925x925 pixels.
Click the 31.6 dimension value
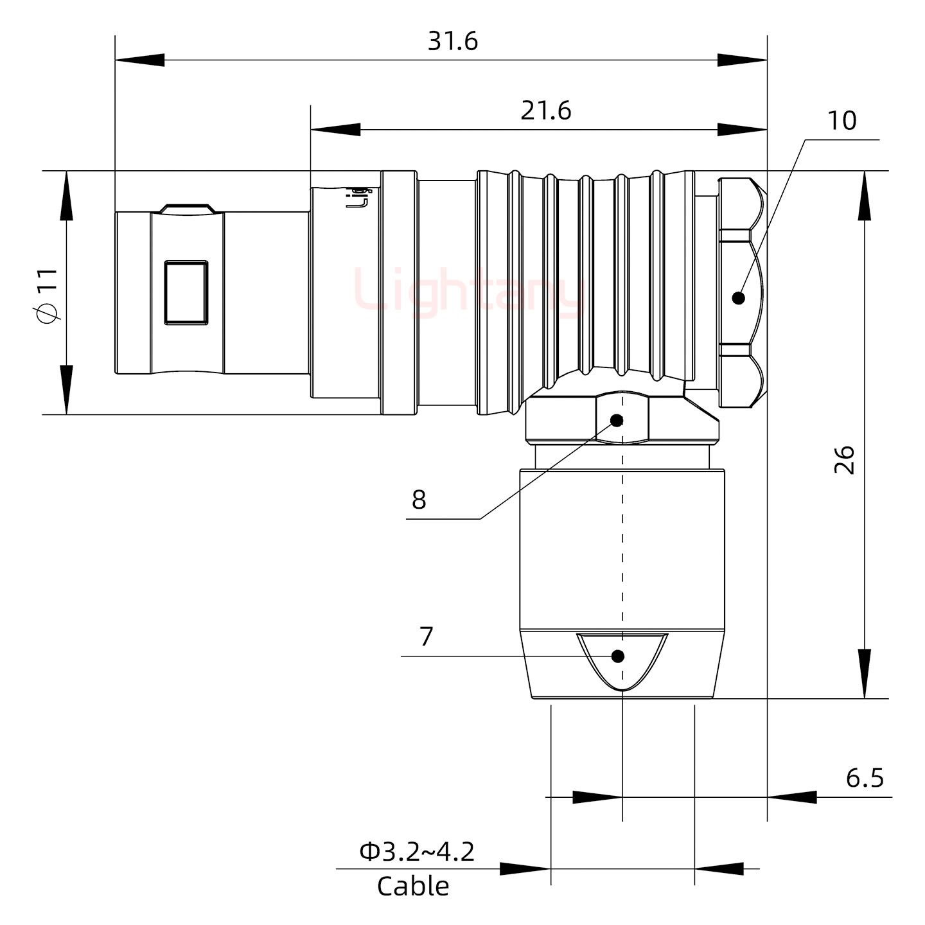453,42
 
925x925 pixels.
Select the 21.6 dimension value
545,111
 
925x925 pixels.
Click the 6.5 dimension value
865,778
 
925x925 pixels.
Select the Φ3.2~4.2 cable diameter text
417,852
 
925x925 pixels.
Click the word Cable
413,886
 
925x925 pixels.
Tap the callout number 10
841,121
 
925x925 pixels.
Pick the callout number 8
419,499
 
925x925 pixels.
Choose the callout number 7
427,637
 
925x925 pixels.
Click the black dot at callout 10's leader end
739,298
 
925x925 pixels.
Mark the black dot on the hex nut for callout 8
617,421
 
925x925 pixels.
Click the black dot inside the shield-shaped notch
618,656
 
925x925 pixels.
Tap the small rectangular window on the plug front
186,292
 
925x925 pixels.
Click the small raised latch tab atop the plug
186,208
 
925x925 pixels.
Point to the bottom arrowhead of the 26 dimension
865,674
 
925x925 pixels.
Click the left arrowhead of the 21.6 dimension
335,129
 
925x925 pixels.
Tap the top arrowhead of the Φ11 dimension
66,195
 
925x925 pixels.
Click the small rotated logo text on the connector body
358,198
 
